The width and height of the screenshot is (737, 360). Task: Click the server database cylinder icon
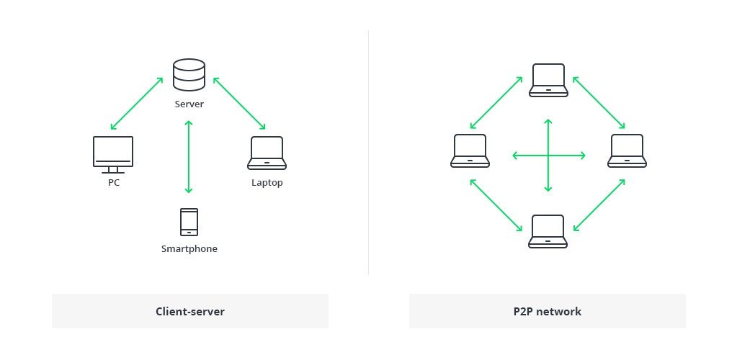[189, 74]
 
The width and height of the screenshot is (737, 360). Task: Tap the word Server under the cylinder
[189, 104]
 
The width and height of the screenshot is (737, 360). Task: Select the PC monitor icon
[113, 155]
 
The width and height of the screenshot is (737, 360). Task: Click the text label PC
[114, 182]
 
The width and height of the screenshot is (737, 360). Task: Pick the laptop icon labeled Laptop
[267, 153]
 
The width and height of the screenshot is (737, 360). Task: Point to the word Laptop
[267, 183]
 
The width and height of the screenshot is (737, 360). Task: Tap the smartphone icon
[189, 222]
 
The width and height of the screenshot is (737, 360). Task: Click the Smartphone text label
[189, 249]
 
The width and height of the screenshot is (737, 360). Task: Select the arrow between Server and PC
[137, 104]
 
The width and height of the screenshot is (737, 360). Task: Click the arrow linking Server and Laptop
[239, 103]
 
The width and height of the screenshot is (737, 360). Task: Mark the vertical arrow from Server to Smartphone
[189, 157]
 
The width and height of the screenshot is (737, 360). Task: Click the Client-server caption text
[190, 311]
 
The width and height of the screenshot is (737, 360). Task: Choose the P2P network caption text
[547, 311]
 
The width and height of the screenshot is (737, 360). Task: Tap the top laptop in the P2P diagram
[548, 81]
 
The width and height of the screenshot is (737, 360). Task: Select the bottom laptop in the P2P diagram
[548, 231]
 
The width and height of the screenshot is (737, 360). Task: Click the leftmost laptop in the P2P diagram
[470, 151]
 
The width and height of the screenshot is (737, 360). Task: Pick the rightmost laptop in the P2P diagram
[627, 151]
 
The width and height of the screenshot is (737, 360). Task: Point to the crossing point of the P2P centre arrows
[548, 155]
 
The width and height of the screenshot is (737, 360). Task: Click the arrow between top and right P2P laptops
[599, 102]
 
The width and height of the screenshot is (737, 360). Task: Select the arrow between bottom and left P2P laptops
[496, 205]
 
